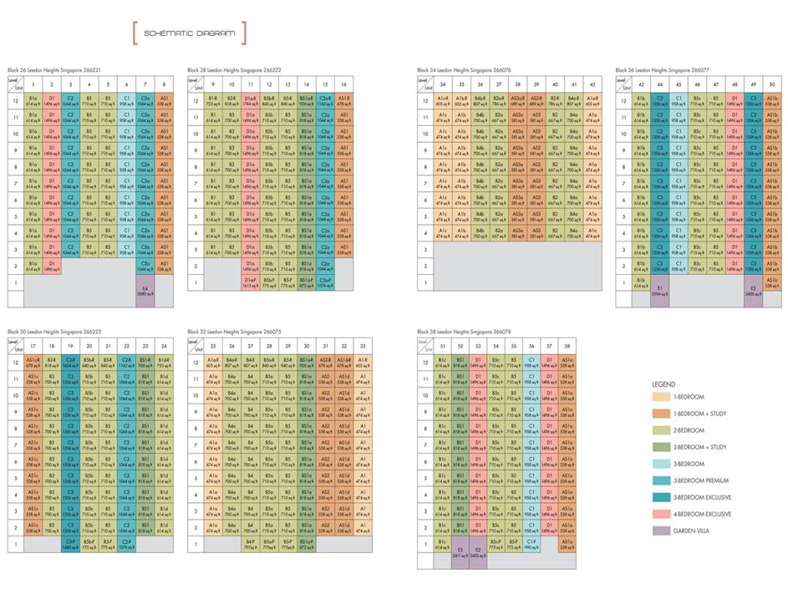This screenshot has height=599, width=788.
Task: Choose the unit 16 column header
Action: point(343,84)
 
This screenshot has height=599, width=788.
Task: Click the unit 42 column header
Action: point(592,84)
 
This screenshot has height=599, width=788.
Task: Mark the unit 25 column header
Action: point(213,346)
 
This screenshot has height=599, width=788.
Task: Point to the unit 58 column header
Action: point(567,346)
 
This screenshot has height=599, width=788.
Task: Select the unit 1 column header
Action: point(33,84)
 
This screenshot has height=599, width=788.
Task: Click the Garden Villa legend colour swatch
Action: point(664,530)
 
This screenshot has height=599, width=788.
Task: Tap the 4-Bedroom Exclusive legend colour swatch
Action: point(664,514)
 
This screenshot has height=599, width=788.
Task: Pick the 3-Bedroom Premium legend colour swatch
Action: point(664,480)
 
